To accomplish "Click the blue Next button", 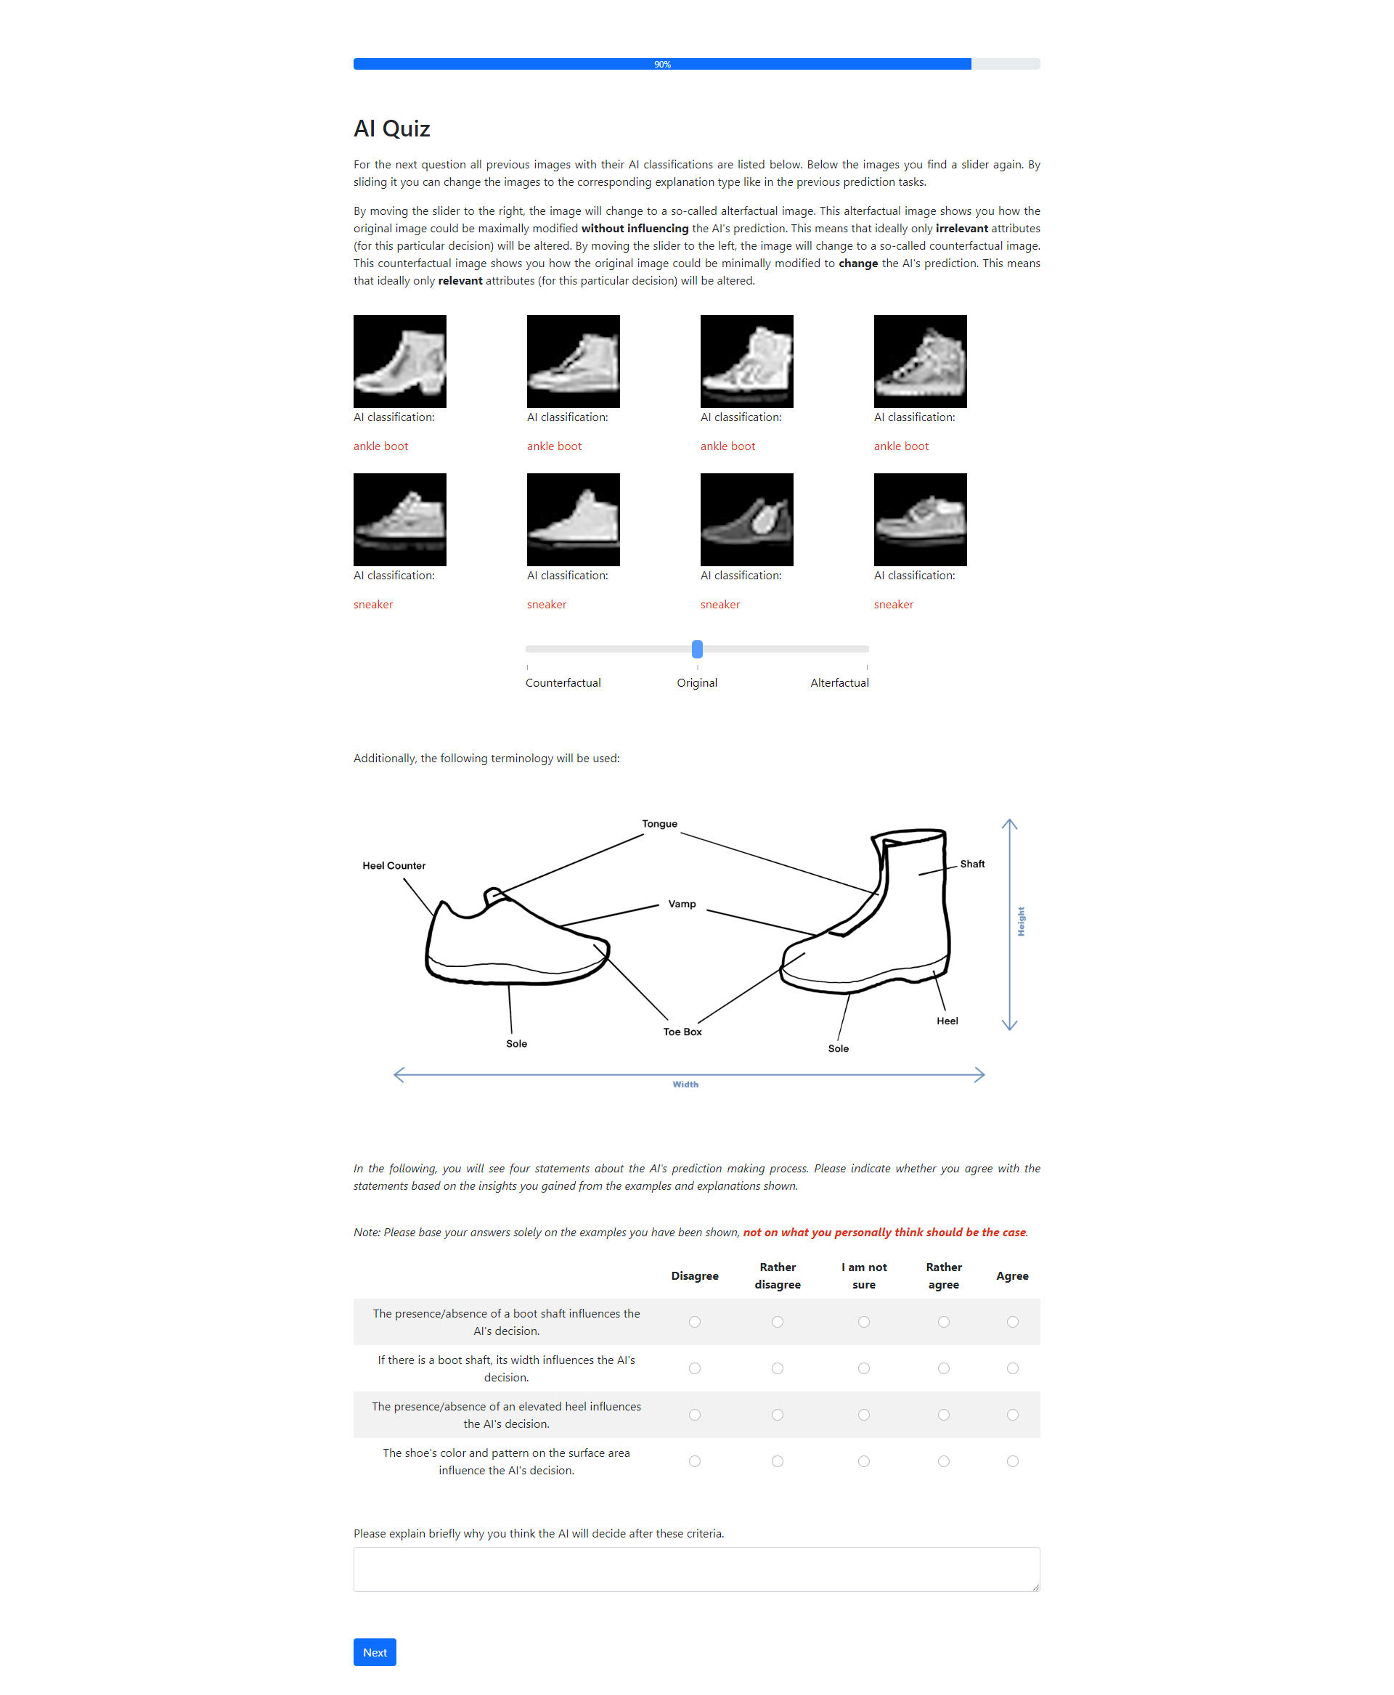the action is coord(374,1651).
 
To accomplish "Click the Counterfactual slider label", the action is coord(563,682).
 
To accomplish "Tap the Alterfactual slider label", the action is coord(839,682).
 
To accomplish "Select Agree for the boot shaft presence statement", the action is coord(1012,1322).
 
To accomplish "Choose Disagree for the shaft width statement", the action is coord(695,1368).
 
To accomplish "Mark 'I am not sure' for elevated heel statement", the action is coord(863,1415).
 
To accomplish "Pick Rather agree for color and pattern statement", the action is coord(944,1461).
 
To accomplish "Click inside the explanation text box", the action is coord(696,1569).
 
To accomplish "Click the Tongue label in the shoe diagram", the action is coord(659,824).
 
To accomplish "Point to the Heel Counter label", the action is coord(394,865).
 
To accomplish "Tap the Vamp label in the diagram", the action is coord(682,904).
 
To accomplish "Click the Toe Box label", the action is coord(682,1032).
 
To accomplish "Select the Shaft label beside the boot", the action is coord(971,864).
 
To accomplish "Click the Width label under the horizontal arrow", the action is coord(685,1084).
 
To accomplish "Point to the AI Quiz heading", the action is coord(392,128).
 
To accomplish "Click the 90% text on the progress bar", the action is coord(662,64).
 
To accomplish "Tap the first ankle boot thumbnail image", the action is coord(400,362).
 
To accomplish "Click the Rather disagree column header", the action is coord(778,1276).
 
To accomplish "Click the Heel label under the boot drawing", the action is coord(947,1021).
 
